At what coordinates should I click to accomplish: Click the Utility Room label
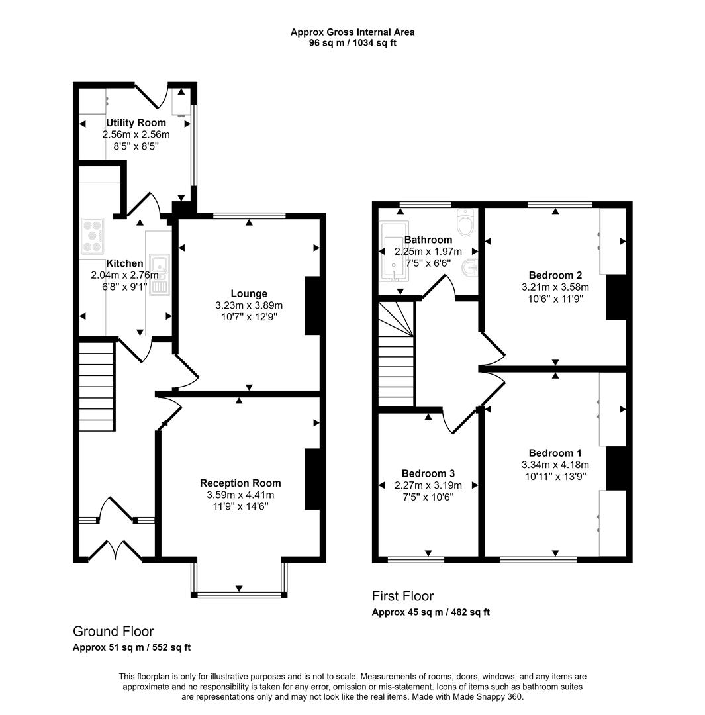[x=136, y=122]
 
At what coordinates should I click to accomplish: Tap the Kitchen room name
[x=124, y=263]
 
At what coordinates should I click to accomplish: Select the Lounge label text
[x=249, y=294]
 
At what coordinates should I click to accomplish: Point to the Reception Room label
[x=240, y=483]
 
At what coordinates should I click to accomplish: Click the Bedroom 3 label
[x=428, y=473]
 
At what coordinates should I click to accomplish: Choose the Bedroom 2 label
[x=555, y=275]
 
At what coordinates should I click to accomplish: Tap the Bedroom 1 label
[x=555, y=453]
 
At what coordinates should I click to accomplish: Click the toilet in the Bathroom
[x=465, y=222]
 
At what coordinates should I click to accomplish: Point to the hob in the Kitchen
[x=93, y=236]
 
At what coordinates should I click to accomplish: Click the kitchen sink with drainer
[x=159, y=275]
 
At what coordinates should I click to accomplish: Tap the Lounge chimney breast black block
[x=312, y=305]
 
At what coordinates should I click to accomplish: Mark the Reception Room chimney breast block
[x=312, y=479]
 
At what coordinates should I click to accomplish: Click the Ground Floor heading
[x=113, y=631]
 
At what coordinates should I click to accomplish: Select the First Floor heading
[x=402, y=596]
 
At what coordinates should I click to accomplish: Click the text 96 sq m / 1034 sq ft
[x=352, y=43]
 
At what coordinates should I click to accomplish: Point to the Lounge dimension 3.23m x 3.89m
[x=249, y=305]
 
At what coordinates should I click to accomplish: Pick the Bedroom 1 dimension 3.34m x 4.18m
[x=555, y=465]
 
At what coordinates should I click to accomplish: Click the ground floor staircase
[x=97, y=387]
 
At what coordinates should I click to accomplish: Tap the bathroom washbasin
[x=470, y=268]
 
